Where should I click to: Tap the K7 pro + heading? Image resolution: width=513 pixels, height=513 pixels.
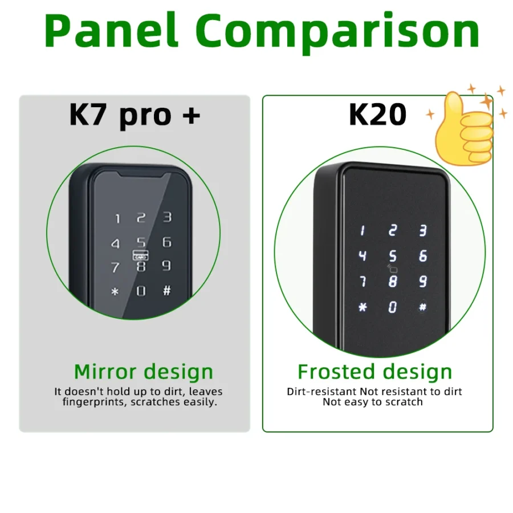tap(135, 114)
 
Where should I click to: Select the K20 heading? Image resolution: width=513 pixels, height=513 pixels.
tap(377, 115)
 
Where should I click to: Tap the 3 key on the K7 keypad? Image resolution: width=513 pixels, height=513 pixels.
tap(167, 217)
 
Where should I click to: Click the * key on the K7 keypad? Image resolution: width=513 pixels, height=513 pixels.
tap(115, 292)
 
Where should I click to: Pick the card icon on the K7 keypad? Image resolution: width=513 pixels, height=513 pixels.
tap(140, 256)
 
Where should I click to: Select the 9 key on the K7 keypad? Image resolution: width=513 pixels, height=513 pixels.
tap(166, 265)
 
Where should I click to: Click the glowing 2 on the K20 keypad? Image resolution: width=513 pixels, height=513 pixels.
tap(392, 231)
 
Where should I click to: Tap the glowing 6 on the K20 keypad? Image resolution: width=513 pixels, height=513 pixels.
tap(422, 256)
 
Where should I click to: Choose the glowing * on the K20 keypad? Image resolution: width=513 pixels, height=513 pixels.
tap(363, 307)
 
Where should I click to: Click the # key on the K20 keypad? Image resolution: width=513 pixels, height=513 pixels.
tap(422, 307)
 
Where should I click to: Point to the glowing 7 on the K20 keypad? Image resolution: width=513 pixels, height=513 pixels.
tap(363, 281)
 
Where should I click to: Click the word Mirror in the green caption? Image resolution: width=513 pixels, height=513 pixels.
tap(105, 372)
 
